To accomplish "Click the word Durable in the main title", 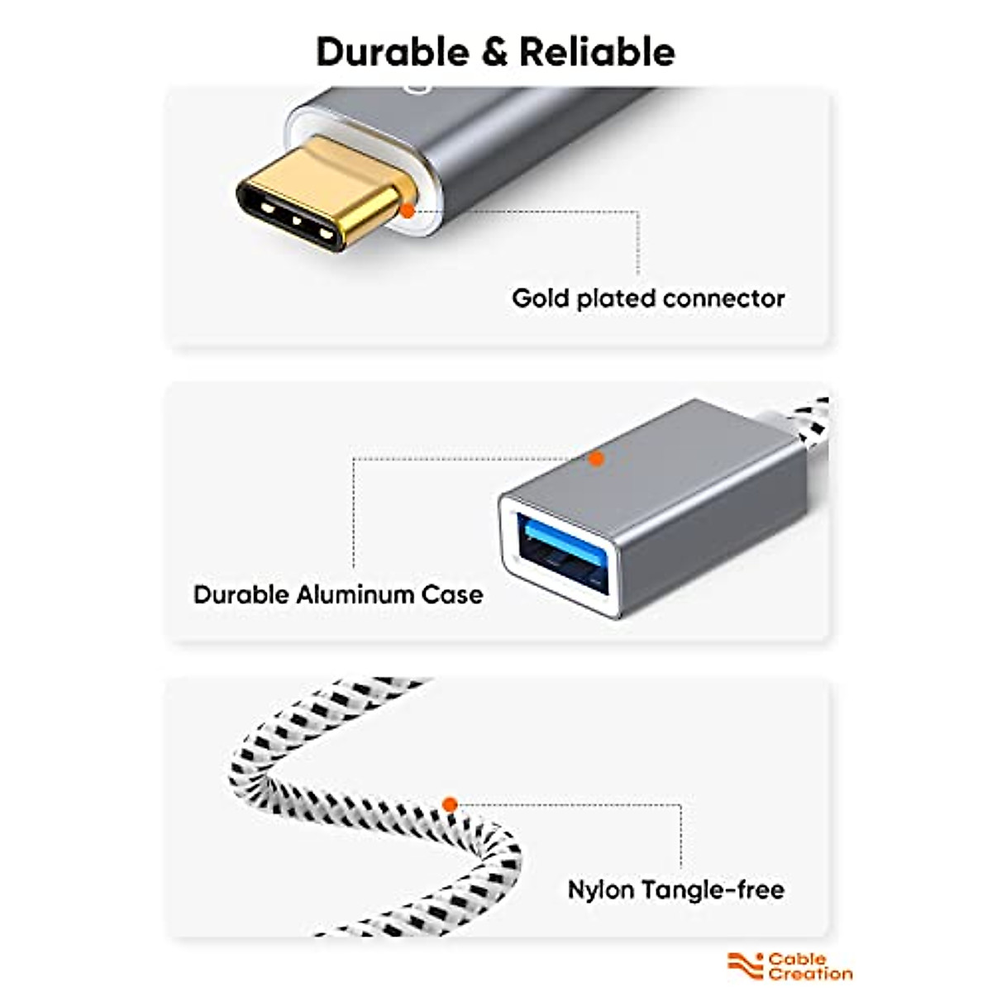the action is (x=393, y=52).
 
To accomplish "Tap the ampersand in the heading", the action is (x=494, y=53).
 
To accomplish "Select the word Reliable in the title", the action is (x=597, y=52).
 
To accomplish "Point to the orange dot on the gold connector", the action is (x=408, y=211).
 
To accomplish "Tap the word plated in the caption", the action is (x=616, y=299).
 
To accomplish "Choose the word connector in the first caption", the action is (x=724, y=299).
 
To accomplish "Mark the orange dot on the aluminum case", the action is (x=596, y=459).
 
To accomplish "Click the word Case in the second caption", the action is (x=452, y=595).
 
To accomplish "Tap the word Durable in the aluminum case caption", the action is (x=241, y=595).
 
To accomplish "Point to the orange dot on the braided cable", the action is (x=450, y=804).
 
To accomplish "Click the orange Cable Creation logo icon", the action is (x=745, y=966).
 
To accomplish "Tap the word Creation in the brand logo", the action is (x=810, y=974).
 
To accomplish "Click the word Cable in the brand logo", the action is (x=797, y=959).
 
